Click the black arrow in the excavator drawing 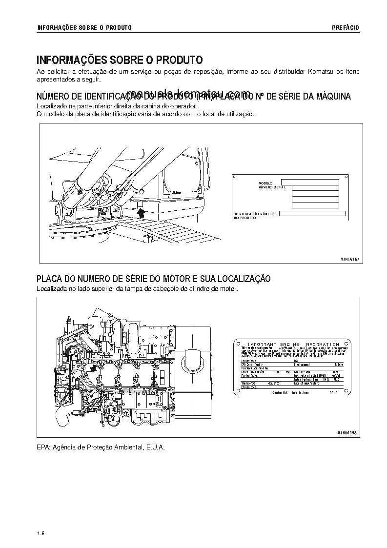coord(142,212)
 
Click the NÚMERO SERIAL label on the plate coord(272,187)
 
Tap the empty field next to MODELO coord(310,182)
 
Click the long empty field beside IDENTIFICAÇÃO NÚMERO coord(312,213)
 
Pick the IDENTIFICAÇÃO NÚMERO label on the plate coord(253,213)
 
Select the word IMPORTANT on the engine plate coord(262,344)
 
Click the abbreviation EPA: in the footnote coord(44,447)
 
